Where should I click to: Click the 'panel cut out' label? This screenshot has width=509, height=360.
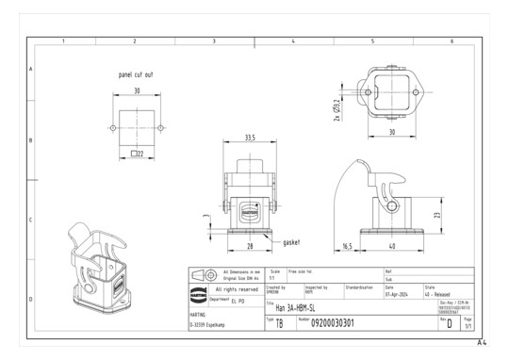click(135, 74)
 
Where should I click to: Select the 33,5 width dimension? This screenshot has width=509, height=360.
click(250, 138)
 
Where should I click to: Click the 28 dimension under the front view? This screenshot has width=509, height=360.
click(250, 247)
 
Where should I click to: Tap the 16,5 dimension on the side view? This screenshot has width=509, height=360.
click(347, 247)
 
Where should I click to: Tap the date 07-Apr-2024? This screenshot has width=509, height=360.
click(396, 292)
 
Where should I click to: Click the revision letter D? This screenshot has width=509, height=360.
click(449, 324)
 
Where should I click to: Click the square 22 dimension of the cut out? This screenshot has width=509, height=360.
click(137, 153)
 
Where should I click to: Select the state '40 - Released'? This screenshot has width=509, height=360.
click(439, 292)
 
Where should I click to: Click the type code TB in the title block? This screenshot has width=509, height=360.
click(279, 324)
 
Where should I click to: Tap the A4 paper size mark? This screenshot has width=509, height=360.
click(482, 342)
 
